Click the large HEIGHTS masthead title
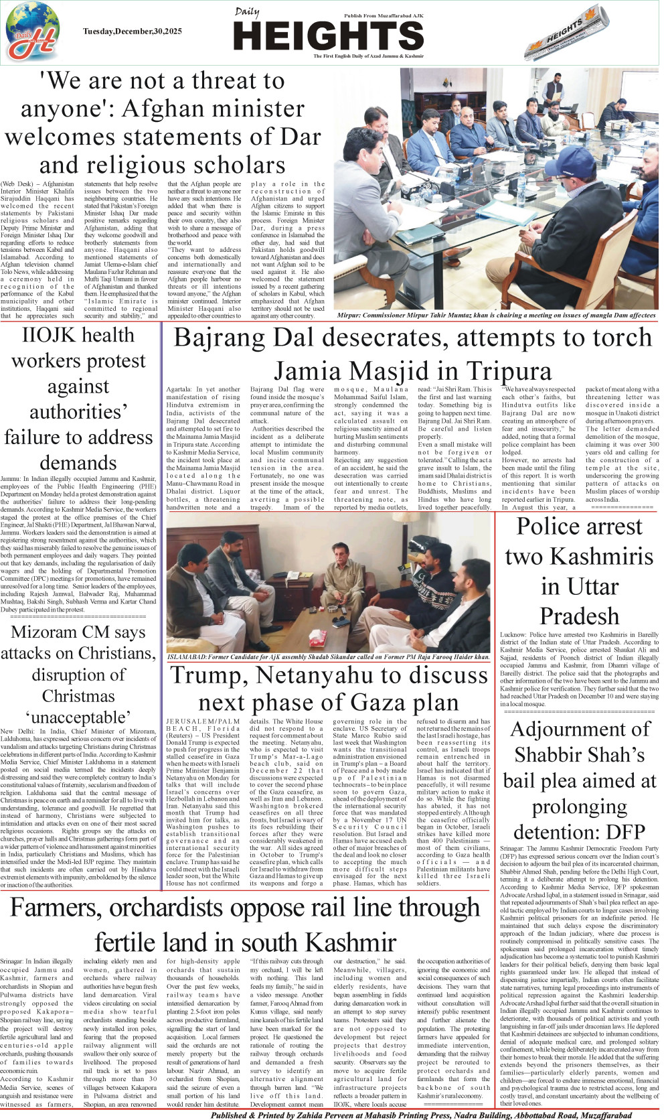tap(330, 36)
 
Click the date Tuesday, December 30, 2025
tap(133, 31)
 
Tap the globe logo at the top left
tap(32, 32)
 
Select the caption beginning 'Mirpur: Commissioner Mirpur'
tap(496, 315)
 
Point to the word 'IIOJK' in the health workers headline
tap(52, 335)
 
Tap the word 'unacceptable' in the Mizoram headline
tap(78, 717)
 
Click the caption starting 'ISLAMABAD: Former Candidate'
tap(328, 657)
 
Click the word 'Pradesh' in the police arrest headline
tap(579, 616)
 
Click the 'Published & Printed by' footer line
tap(421, 1115)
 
